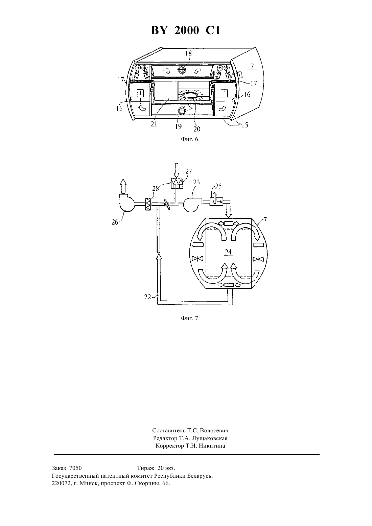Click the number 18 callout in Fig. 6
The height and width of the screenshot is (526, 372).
189,53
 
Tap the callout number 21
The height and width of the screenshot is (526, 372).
154,124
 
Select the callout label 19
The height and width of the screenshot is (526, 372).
178,126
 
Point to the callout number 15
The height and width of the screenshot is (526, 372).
245,125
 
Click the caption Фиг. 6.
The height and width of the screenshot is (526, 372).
190,139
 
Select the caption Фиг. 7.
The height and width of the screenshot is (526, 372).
190,318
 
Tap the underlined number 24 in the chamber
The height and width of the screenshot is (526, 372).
228,252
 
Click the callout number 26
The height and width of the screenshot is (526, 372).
115,222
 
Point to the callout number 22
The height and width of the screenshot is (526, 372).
147,297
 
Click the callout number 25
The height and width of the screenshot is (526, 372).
218,186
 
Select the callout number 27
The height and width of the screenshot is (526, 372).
189,171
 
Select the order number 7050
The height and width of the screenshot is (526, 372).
76,468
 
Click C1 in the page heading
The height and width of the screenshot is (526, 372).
213,30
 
